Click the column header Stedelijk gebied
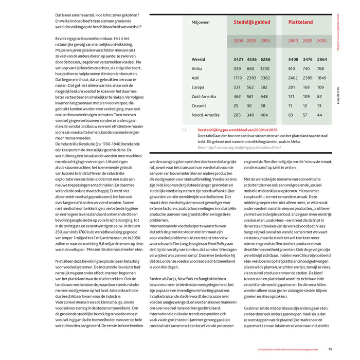[x=251, y=23]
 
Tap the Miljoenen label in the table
[x=200, y=23]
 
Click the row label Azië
[x=195, y=78]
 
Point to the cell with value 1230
[x=264, y=68]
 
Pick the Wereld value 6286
[x=265, y=60]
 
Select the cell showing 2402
[x=293, y=78]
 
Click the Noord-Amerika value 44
[x=320, y=115]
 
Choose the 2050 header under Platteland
[x=321, y=41]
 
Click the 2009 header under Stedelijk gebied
[x=239, y=41]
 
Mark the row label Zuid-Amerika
[x=202, y=96]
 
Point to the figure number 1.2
[x=184, y=130]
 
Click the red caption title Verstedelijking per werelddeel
[x=237, y=130]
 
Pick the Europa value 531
[x=237, y=87]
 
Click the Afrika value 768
[x=320, y=68]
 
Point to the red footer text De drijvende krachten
[x=289, y=349]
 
